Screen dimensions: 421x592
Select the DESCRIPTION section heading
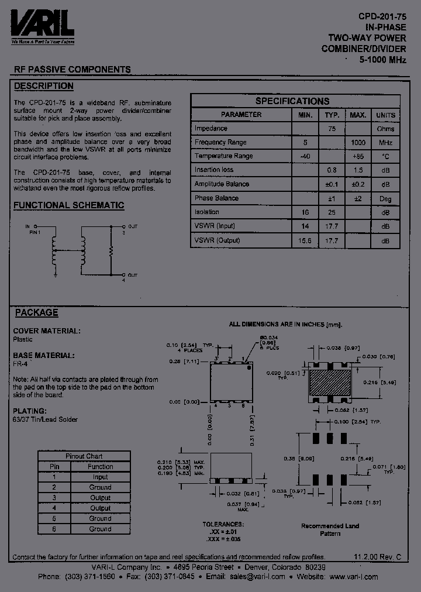[43, 86]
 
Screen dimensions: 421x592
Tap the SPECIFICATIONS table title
[292, 101]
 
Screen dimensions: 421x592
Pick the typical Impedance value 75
[332, 129]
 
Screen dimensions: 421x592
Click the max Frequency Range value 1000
[358, 143]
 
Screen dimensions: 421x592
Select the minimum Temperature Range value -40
[305, 156]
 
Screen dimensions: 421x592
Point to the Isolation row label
[207, 212]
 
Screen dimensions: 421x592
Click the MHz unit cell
[385, 143]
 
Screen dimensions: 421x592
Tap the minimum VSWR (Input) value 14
[305, 226]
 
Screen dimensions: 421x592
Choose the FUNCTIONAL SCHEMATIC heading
[68, 205]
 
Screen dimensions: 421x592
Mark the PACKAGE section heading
[36, 312]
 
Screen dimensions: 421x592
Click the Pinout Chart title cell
[84, 456]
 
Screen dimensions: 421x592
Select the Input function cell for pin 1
[100, 477]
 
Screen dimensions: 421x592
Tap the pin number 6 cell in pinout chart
[54, 529]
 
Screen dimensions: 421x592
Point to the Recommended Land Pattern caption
[330, 530]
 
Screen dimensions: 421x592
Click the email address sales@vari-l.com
[257, 576]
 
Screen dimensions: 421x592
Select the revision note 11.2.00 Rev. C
[378, 557]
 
